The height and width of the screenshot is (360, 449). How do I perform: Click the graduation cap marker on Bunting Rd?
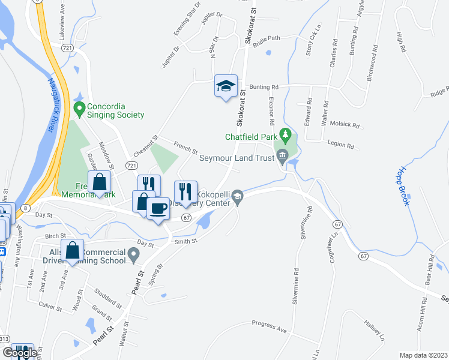tap(226, 86)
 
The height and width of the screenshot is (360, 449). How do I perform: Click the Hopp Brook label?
tap(404, 187)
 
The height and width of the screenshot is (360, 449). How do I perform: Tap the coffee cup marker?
tap(158, 209)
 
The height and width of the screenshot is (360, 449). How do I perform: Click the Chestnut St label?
tap(146, 146)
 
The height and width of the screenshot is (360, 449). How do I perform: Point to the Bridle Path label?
tap(267, 38)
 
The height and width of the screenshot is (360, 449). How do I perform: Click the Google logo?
tap(20, 353)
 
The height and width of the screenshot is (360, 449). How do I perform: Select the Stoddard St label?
tap(108, 298)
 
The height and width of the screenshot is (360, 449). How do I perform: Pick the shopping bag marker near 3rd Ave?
tap(72, 252)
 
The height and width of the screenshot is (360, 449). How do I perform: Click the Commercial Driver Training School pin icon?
tap(133, 256)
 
